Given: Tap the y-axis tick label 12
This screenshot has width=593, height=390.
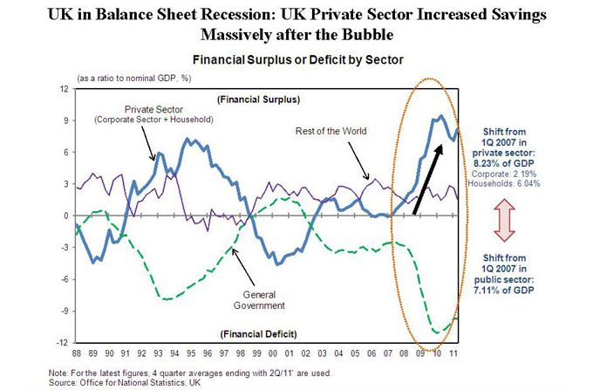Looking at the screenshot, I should click(63, 89).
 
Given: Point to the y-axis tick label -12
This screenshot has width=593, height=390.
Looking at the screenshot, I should click(62, 342).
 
